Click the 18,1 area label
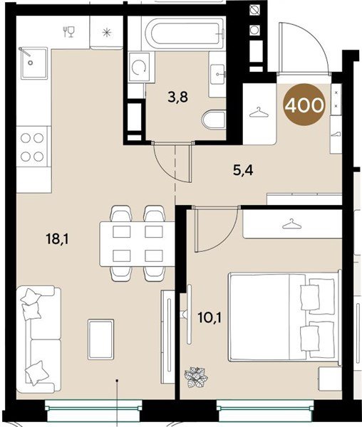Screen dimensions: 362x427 (x=58, y=240)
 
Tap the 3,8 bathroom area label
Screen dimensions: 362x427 (x=178, y=97)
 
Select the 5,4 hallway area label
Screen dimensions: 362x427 (x=243, y=171)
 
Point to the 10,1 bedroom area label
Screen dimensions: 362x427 (x=210, y=317)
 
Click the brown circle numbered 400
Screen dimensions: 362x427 (x=304, y=105)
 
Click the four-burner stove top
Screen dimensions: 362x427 (x=33, y=147)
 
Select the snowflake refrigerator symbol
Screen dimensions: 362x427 (x=107, y=33)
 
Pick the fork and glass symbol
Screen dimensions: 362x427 (x=69, y=31)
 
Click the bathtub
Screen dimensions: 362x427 (x=185, y=33)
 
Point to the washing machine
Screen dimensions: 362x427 (x=140, y=67)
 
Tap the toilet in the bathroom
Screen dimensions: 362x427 (x=214, y=120)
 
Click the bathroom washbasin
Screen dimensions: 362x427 (x=218, y=74)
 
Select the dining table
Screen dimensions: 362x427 (x=137, y=244)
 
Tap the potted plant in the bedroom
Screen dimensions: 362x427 (x=196, y=376)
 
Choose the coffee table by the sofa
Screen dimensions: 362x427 (x=101, y=339)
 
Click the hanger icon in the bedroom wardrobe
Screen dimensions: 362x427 (x=292, y=224)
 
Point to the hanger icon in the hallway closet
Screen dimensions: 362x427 (x=259, y=112)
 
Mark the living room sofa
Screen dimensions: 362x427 (x=38, y=339)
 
